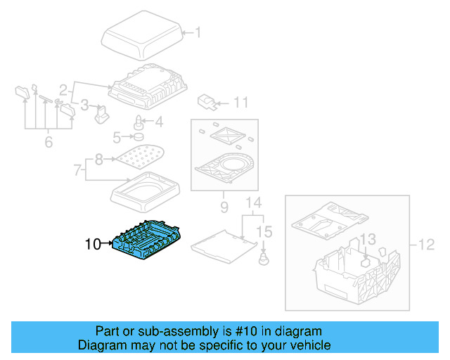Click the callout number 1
[x=198, y=32]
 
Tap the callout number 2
[x=63, y=90]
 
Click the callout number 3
[x=84, y=105]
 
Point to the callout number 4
[x=158, y=122]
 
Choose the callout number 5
[x=118, y=136]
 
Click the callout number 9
[x=224, y=208]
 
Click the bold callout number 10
[x=93, y=245]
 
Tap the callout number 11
[x=240, y=103]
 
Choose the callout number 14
[x=252, y=205]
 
